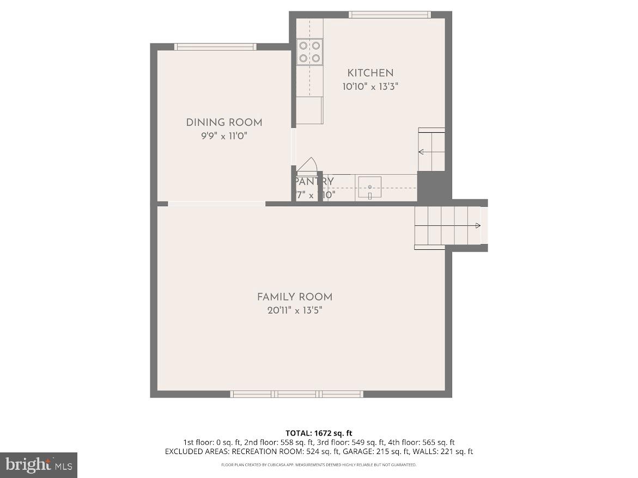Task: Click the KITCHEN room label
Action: click(x=370, y=73)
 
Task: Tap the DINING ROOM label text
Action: click(x=224, y=122)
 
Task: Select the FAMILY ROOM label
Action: click(x=295, y=297)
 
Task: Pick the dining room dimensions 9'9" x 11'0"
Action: click(x=224, y=136)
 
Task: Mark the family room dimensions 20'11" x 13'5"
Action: click(x=295, y=311)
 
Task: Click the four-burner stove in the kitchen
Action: click(x=309, y=52)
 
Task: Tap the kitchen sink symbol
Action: click(x=369, y=188)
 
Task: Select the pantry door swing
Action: click(x=307, y=165)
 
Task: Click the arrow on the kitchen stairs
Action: click(x=422, y=152)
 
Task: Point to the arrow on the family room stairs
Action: click(x=477, y=226)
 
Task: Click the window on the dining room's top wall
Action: click(x=215, y=47)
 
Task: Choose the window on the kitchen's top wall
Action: click(x=390, y=15)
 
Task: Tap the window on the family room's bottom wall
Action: click(x=297, y=394)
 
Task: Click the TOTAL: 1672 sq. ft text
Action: click(x=319, y=433)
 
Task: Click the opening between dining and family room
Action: click(x=216, y=204)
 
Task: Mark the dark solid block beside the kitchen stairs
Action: click(x=434, y=186)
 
